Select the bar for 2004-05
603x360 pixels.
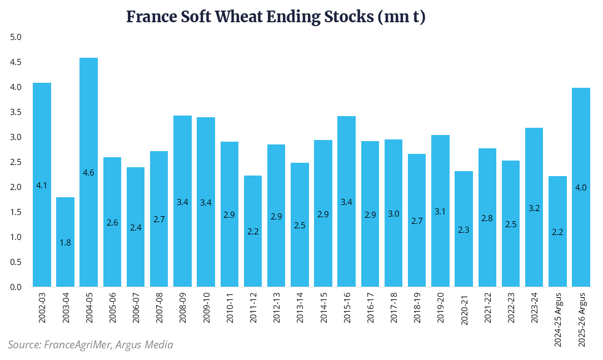point(89,172)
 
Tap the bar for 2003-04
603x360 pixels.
point(66,242)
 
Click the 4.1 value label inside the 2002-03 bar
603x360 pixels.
point(42,185)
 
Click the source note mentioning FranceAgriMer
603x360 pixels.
point(91,345)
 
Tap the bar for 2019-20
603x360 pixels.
point(441,211)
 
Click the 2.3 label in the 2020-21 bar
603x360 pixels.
point(464,229)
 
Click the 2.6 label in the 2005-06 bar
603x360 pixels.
point(112,223)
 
